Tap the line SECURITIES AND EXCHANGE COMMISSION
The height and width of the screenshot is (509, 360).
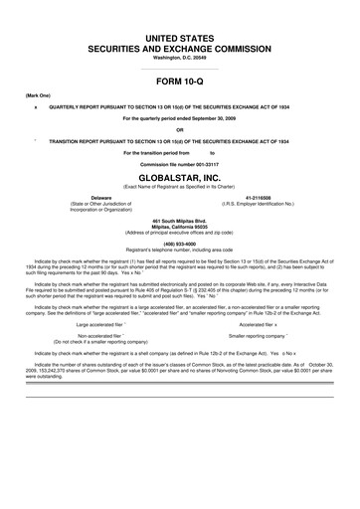click(x=179, y=48)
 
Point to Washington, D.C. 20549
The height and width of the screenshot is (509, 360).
click(x=179, y=58)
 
